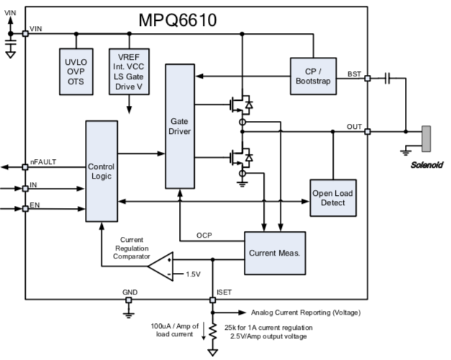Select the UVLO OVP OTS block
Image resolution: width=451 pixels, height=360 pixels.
coord(71,72)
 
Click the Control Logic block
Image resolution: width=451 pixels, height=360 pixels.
coord(101,171)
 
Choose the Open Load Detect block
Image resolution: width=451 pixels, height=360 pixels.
coord(333,198)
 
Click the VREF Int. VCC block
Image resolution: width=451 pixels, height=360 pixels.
coord(128,72)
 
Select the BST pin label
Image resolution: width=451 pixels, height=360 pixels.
coord(354,73)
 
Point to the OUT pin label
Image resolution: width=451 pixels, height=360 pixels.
coord(354,127)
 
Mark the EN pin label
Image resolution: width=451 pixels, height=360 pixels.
coord(34,207)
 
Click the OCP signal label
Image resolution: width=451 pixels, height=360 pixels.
coord(204,235)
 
